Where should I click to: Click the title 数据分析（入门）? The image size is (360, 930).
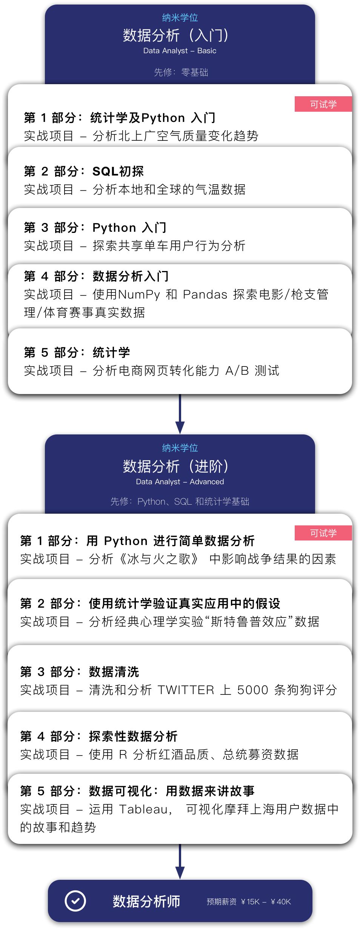(x=176, y=35)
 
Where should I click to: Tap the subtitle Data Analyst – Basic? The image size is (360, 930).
(x=180, y=51)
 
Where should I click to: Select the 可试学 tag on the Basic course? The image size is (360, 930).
(x=323, y=104)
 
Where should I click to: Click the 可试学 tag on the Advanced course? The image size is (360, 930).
(x=323, y=533)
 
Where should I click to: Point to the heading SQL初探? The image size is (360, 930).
(x=118, y=171)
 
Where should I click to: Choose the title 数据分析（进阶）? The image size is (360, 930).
(x=176, y=467)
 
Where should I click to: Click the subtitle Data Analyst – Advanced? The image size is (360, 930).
(x=180, y=482)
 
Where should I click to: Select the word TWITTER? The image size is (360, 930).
(x=186, y=690)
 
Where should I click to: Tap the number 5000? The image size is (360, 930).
(x=252, y=690)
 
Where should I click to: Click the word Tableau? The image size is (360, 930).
(x=144, y=809)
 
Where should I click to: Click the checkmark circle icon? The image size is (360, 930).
(x=75, y=901)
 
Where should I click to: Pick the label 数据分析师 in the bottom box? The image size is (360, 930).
(x=146, y=901)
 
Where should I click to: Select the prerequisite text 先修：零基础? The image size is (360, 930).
(x=181, y=72)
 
